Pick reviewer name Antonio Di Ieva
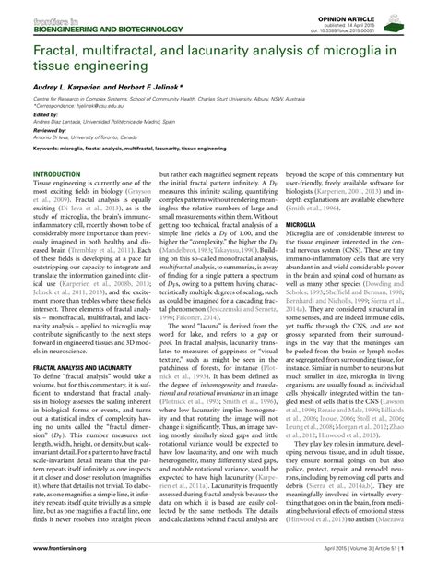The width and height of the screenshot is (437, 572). (57, 136)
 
